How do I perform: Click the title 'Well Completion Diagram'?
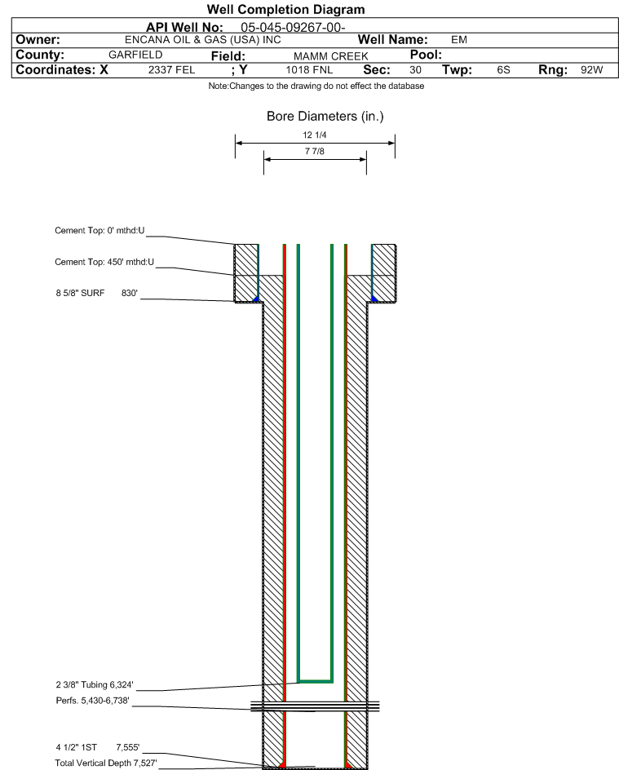285,9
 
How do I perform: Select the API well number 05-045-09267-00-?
293,28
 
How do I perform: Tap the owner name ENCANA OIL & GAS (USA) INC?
203,40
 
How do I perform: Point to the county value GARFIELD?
135,55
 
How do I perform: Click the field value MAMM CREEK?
331,56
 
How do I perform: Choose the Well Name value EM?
459,40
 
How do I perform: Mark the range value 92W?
591,69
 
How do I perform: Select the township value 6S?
504,69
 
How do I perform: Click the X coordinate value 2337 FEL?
172,69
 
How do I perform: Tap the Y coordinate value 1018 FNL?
309,69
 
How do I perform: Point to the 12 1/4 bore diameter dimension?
315,135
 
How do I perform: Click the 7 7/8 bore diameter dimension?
315,151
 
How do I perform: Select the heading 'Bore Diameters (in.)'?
325,117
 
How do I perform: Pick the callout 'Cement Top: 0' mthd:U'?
99,230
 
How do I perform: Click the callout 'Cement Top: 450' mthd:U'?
104,262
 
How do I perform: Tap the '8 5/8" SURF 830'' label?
97,293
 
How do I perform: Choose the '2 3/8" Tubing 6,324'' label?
95,684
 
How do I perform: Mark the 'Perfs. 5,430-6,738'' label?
93,701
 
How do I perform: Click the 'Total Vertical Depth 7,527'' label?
105,763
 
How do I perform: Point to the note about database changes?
316,86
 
